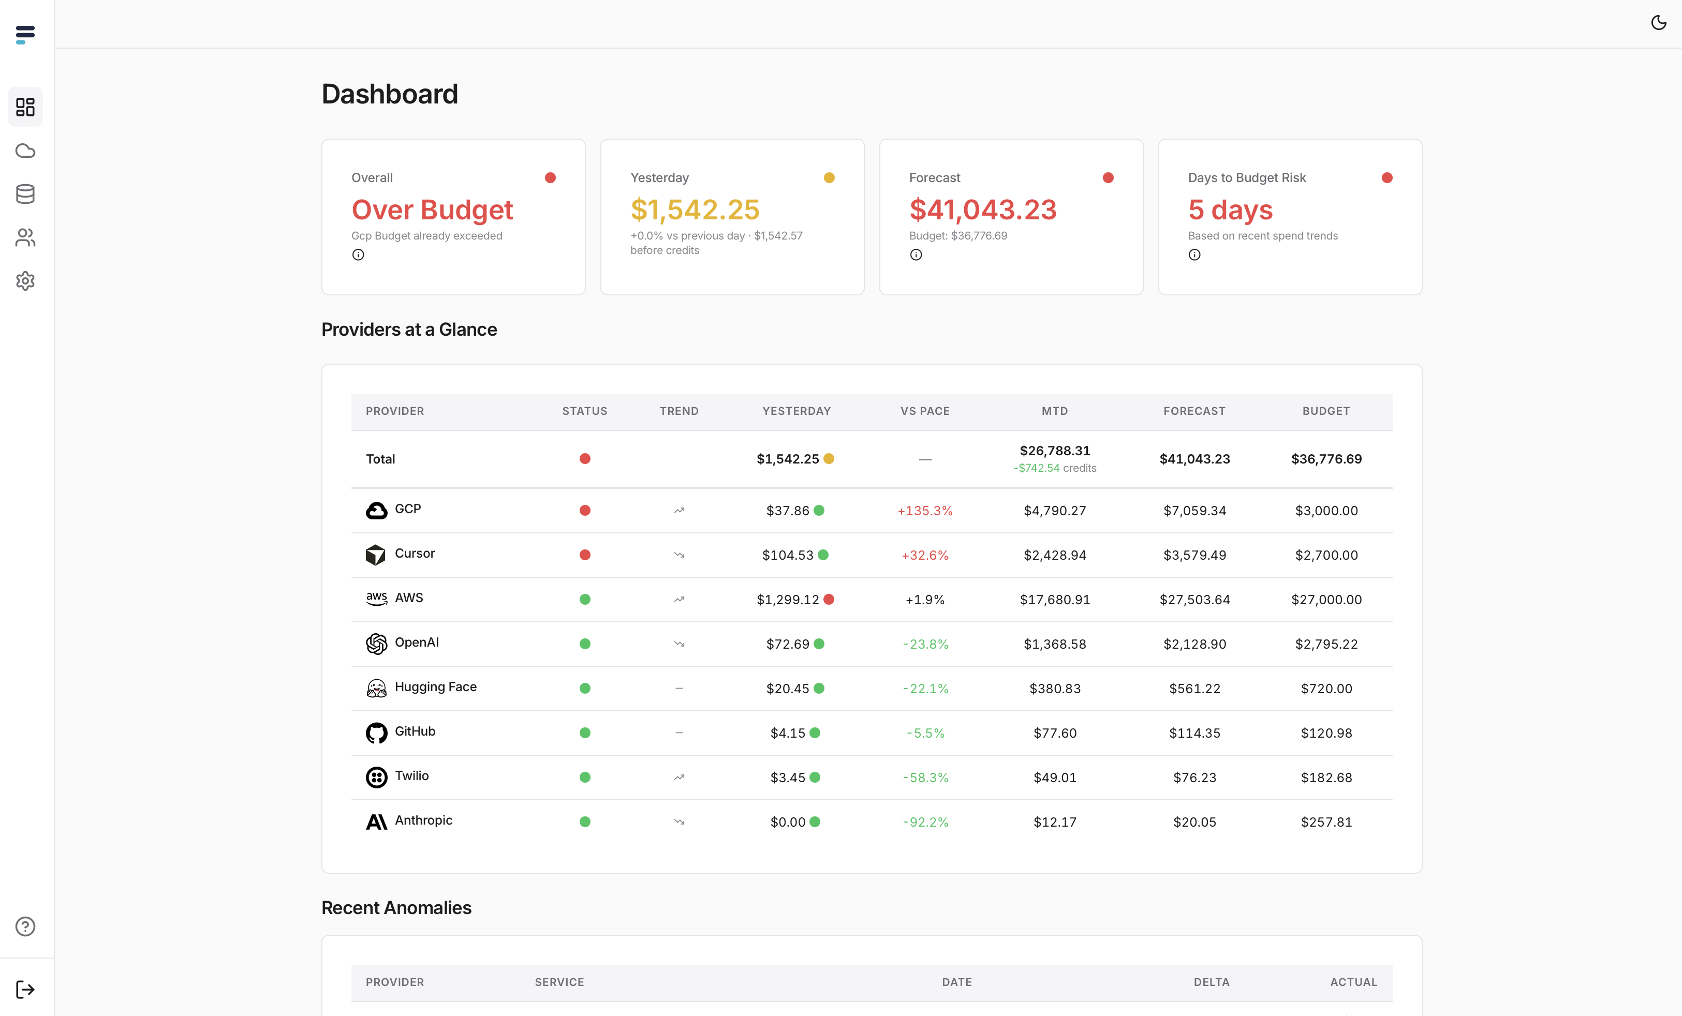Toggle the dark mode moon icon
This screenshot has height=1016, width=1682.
tap(1658, 23)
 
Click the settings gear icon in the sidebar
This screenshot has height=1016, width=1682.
tap(25, 281)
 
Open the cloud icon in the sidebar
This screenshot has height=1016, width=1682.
tap(25, 151)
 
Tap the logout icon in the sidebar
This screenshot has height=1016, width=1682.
tap(25, 990)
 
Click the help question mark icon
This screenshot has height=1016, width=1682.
tap(25, 927)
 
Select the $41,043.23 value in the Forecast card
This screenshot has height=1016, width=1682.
tap(982, 210)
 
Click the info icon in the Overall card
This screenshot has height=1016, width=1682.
tap(358, 255)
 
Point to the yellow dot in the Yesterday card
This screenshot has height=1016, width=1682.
tap(829, 178)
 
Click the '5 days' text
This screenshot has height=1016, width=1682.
tap(1230, 210)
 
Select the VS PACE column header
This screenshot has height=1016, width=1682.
tap(925, 411)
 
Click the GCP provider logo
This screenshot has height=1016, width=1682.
tap(376, 511)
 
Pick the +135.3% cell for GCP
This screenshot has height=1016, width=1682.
tap(925, 511)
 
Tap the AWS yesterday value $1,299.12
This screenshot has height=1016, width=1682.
tap(787, 600)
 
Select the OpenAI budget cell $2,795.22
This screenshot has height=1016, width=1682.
tap(1325, 644)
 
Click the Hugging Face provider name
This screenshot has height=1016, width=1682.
tap(436, 687)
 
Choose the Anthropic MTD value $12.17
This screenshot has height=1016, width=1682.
tap(1055, 822)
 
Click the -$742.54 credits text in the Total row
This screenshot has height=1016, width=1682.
tap(1055, 468)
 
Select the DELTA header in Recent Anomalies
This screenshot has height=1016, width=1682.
tap(1211, 982)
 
